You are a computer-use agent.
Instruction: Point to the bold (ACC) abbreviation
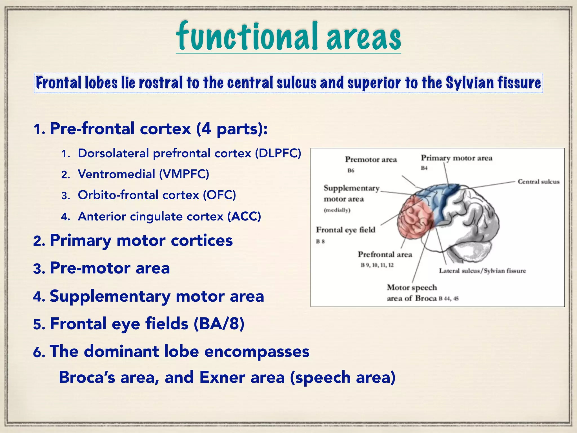[x=244, y=216]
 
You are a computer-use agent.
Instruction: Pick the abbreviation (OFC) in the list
[x=219, y=195]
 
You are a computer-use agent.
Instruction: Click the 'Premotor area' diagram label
[x=371, y=160]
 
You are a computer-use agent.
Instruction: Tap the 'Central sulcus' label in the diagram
[x=538, y=182]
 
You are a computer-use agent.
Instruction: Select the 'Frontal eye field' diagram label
[x=345, y=230]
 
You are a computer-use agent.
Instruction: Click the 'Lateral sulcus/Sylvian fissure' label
[x=482, y=271]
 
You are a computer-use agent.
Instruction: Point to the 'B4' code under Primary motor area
[x=424, y=168]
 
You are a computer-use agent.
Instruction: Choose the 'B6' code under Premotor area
[x=351, y=171]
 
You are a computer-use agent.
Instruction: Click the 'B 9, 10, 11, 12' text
[x=377, y=265]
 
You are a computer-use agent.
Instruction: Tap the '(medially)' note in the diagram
[x=337, y=210]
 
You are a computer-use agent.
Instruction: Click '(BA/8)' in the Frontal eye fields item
[x=219, y=324]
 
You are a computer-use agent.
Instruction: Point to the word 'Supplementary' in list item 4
[x=110, y=297]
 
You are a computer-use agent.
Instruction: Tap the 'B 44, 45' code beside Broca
[x=449, y=299]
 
